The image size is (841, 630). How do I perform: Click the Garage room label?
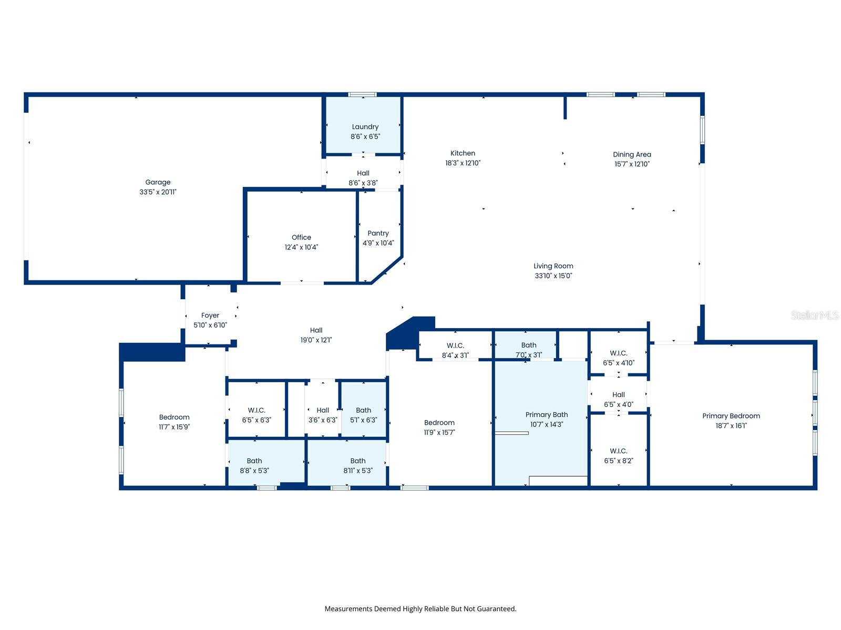pyautogui.click(x=158, y=182)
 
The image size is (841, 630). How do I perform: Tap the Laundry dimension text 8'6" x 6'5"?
pyautogui.click(x=365, y=136)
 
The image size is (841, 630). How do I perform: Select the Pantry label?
pyautogui.click(x=378, y=233)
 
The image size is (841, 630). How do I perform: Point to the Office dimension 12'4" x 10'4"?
pyautogui.click(x=301, y=247)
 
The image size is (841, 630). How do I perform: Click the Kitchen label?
pyautogui.click(x=463, y=153)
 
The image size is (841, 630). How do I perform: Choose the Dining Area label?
pyautogui.click(x=632, y=154)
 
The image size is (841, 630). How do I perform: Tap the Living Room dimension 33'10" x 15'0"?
pyautogui.click(x=553, y=276)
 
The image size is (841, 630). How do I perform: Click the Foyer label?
pyautogui.click(x=210, y=316)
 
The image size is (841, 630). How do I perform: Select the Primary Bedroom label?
pyautogui.click(x=731, y=416)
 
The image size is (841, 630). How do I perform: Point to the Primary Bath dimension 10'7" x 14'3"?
pyautogui.click(x=546, y=424)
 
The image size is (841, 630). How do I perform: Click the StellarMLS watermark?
pyautogui.click(x=814, y=315)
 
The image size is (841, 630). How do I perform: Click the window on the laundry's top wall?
pyautogui.click(x=362, y=94)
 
